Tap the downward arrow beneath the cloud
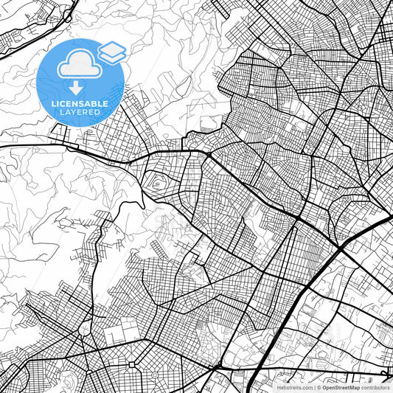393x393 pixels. pos(74,87)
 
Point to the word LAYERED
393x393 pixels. pos(79,113)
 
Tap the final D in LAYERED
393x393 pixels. pos(98,113)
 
